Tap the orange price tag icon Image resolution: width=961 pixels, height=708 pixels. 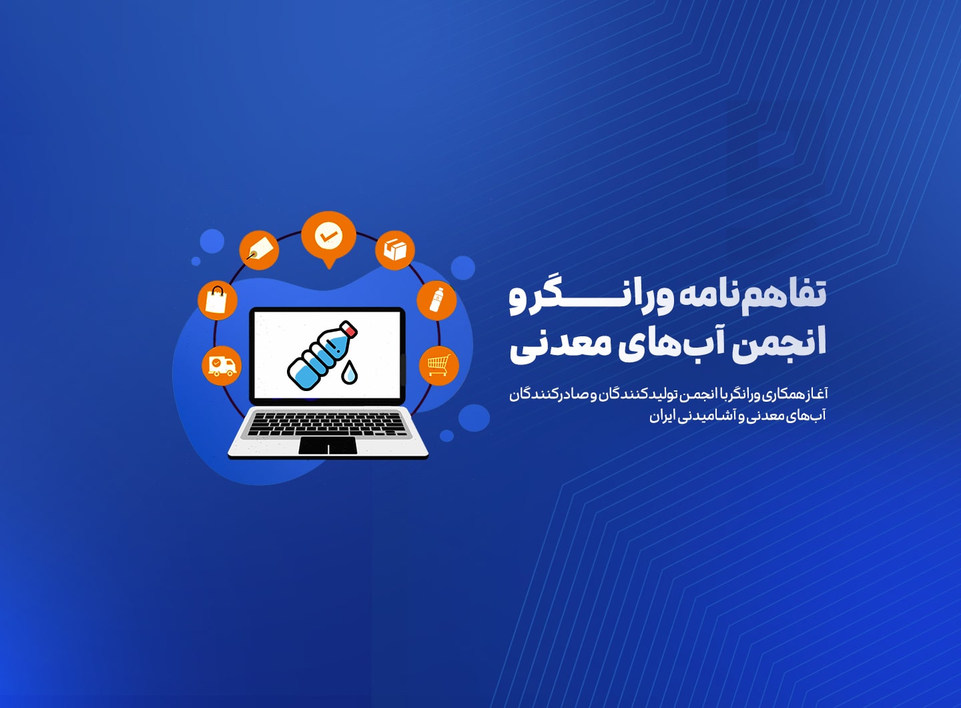click(x=259, y=250)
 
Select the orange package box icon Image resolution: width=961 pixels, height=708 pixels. click(x=394, y=250)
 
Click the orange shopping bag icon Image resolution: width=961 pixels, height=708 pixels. click(x=218, y=300)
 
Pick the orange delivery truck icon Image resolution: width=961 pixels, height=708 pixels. click(x=222, y=366)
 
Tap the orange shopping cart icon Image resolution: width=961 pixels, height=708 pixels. click(x=439, y=366)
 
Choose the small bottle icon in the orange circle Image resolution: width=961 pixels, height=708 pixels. click(x=436, y=300)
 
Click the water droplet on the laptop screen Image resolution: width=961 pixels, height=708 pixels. click(x=349, y=372)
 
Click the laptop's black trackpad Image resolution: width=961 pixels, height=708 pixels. click(x=327, y=446)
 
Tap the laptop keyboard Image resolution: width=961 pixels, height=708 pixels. click(x=327, y=424)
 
